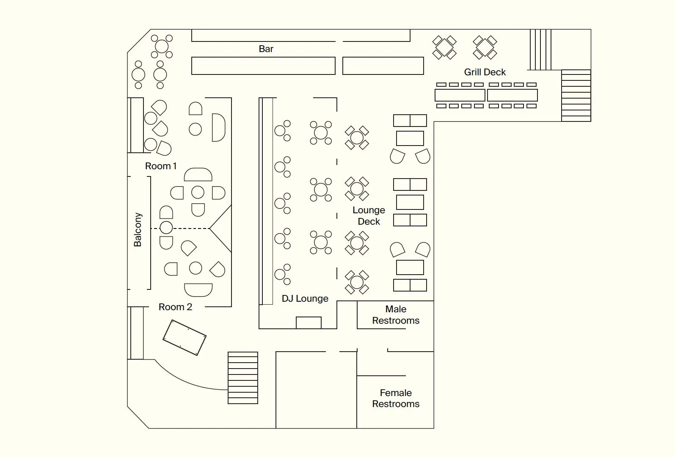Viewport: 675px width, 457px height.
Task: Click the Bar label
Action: pos(266,49)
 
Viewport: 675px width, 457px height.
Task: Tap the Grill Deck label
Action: pos(485,72)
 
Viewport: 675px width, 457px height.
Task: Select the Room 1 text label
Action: pos(161,166)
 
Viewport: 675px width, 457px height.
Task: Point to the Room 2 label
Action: pos(175,307)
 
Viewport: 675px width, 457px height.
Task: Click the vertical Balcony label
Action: pos(138,230)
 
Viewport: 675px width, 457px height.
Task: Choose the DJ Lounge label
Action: pos(305,299)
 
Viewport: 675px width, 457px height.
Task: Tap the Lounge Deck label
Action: pos(369,216)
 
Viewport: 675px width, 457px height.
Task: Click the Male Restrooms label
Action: pos(396,315)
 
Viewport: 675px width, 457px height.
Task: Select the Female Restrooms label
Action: pos(396,398)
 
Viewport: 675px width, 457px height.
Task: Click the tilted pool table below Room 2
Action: pos(185,337)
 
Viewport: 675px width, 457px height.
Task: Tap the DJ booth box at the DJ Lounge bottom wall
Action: pos(309,322)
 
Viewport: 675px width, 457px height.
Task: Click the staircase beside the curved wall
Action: pos(243,377)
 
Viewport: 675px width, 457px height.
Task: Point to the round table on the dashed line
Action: pos(166,228)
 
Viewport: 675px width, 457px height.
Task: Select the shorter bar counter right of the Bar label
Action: pos(383,66)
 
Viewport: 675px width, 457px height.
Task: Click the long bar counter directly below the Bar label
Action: pos(263,66)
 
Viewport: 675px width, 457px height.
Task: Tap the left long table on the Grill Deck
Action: pos(460,95)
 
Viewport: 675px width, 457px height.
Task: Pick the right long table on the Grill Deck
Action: pos(512,95)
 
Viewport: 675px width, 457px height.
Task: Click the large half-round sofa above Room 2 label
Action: pos(198,289)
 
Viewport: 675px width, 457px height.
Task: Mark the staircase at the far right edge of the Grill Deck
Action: pos(576,96)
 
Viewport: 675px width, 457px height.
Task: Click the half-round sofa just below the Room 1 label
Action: pos(198,174)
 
